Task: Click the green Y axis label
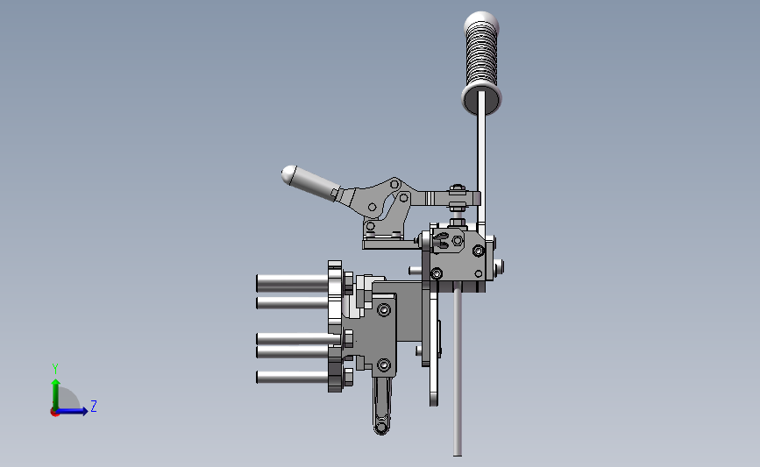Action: click(55, 369)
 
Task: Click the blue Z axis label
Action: click(94, 406)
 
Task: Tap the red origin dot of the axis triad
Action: click(54, 413)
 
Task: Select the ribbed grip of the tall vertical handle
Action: click(481, 56)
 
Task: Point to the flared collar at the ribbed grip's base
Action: click(481, 99)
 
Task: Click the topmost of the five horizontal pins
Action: click(292, 283)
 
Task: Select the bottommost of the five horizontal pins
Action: click(292, 377)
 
